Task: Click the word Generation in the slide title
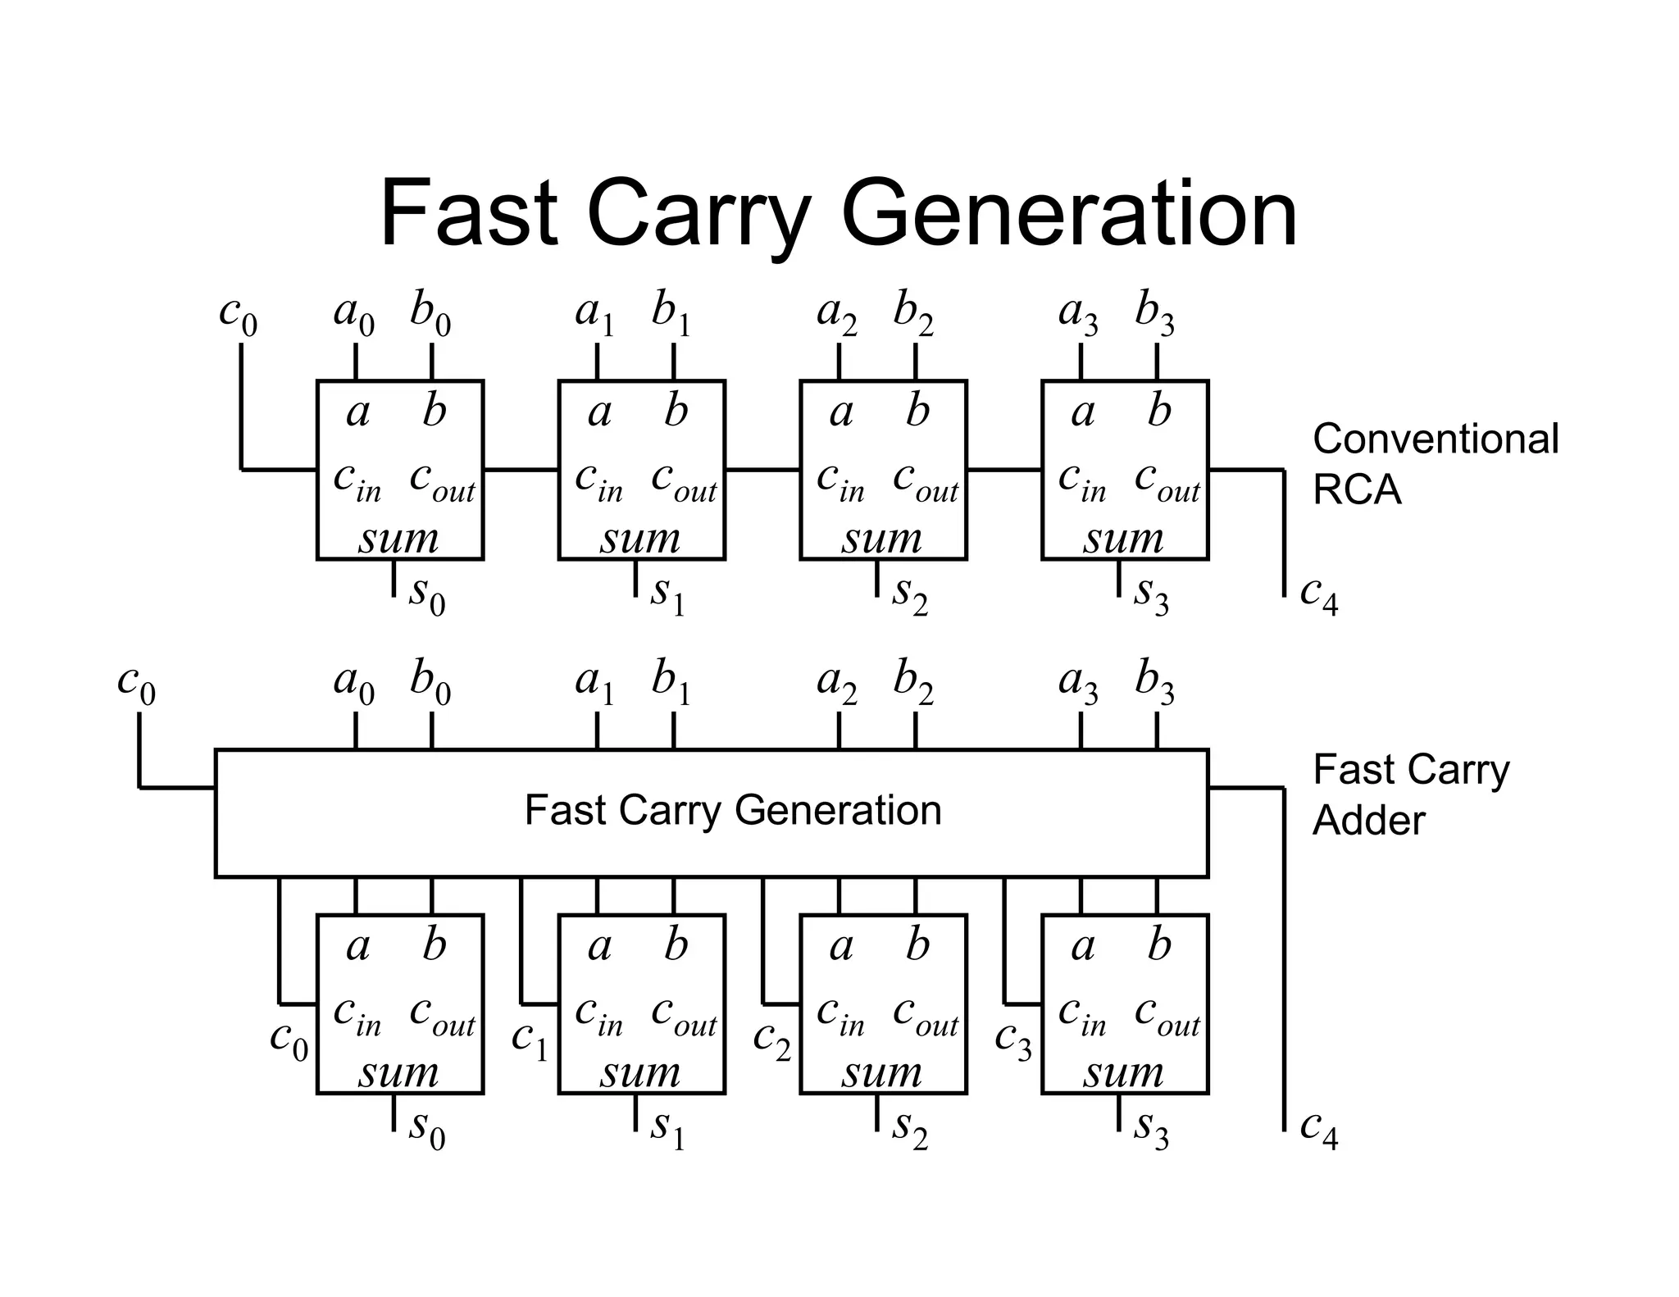1069,215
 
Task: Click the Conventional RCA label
1435,464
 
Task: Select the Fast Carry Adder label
1410,794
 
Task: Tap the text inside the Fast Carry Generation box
732,811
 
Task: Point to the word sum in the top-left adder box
398,539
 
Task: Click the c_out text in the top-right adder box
1167,480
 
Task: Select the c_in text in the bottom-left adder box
357,1015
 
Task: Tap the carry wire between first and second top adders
521,470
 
